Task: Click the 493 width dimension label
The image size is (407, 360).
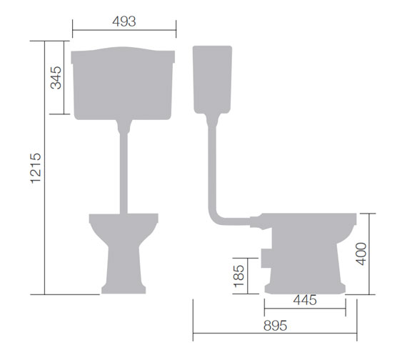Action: tap(124, 21)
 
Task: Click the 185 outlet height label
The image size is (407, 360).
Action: tap(238, 275)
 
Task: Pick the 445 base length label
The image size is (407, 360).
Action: tap(305, 300)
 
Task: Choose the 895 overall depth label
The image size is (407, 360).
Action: tap(274, 326)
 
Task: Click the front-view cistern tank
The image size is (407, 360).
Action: tap(124, 82)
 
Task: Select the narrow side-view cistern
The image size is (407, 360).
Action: tap(212, 79)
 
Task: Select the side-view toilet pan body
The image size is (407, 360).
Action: tap(307, 250)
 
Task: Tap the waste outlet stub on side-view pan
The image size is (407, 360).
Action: tap(266, 255)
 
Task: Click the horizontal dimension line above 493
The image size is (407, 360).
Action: tap(124, 31)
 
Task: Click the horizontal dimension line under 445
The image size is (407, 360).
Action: tap(305, 310)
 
